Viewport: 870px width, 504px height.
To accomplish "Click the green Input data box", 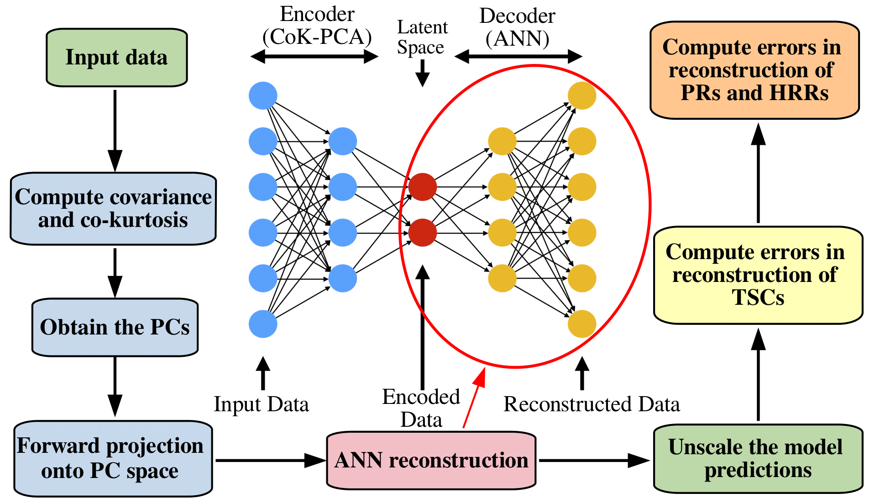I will point(116,58).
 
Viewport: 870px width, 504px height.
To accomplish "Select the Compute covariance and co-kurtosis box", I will point(113,208).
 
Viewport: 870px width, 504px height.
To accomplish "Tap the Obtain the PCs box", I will point(115,327).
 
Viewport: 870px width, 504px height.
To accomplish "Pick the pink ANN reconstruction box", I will point(431,460).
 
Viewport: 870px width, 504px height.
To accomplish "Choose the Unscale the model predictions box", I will point(758,458).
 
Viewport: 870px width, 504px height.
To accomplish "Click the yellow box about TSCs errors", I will point(758,275).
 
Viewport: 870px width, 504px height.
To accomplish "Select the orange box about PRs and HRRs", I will point(754,70).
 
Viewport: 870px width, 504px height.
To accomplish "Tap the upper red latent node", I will point(422,187).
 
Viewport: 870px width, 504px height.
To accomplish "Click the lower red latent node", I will point(422,233).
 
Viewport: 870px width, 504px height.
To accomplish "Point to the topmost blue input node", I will point(263,95).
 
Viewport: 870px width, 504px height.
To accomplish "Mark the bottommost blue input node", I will point(263,324).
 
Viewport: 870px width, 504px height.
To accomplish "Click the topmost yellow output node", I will point(582,95).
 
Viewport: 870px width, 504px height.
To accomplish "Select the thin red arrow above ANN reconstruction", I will point(473,400).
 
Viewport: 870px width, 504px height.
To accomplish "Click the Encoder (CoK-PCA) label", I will point(317,26).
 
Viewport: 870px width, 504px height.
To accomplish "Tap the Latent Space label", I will point(422,37).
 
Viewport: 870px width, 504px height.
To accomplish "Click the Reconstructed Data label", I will point(592,404).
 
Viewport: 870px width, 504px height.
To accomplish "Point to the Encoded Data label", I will point(421,408).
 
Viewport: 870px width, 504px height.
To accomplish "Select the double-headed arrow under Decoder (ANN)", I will point(518,57).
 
